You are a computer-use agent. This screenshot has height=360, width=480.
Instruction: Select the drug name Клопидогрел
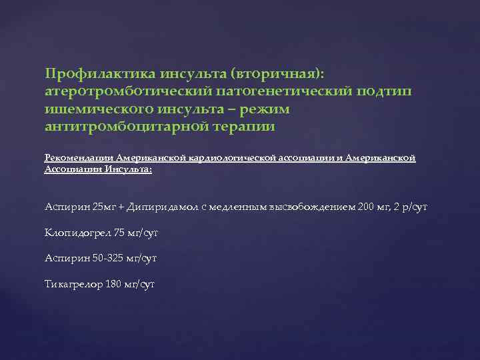[75, 233]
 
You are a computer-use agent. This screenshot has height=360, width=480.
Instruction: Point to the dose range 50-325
[107, 258]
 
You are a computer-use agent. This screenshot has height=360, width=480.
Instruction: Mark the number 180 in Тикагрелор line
[115, 284]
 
